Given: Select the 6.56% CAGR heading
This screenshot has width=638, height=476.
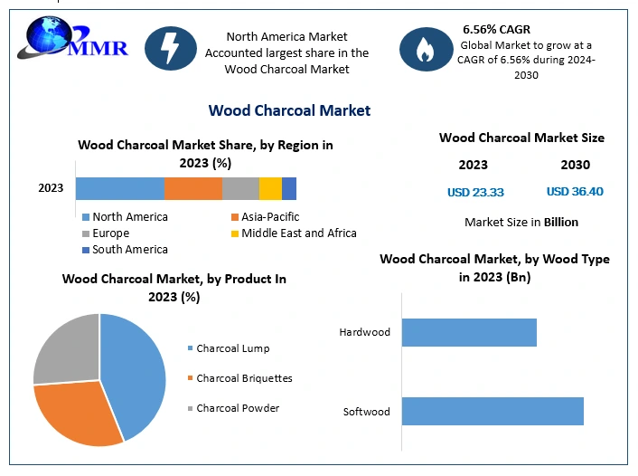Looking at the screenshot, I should tap(498, 29).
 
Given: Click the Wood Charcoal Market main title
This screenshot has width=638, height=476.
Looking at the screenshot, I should tap(289, 110).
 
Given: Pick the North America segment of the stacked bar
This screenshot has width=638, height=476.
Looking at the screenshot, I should tap(119, 188).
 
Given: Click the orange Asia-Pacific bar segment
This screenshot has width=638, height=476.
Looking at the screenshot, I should tap(193, 188).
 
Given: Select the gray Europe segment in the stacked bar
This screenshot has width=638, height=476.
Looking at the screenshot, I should tap(240, 188).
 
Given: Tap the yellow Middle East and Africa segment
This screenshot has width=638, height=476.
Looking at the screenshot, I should tap(270, 188).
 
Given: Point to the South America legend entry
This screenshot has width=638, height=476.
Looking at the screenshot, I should tap(129, 249).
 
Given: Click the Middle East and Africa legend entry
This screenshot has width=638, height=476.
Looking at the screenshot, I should tap(298, 233).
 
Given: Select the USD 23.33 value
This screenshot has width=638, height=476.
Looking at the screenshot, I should tap(475, 192).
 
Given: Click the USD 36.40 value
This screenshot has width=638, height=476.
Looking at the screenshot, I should tap(575, 191).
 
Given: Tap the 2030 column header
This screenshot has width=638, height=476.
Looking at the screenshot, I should tap(575, 165).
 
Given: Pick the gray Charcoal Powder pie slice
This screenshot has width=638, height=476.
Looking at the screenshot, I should tap(65, 348).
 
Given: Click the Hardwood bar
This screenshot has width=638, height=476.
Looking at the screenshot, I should tap(469, 332).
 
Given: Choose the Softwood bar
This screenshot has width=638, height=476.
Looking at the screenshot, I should tap(493, 411).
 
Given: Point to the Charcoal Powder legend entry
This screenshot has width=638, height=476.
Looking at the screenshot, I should tap(238, 408).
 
